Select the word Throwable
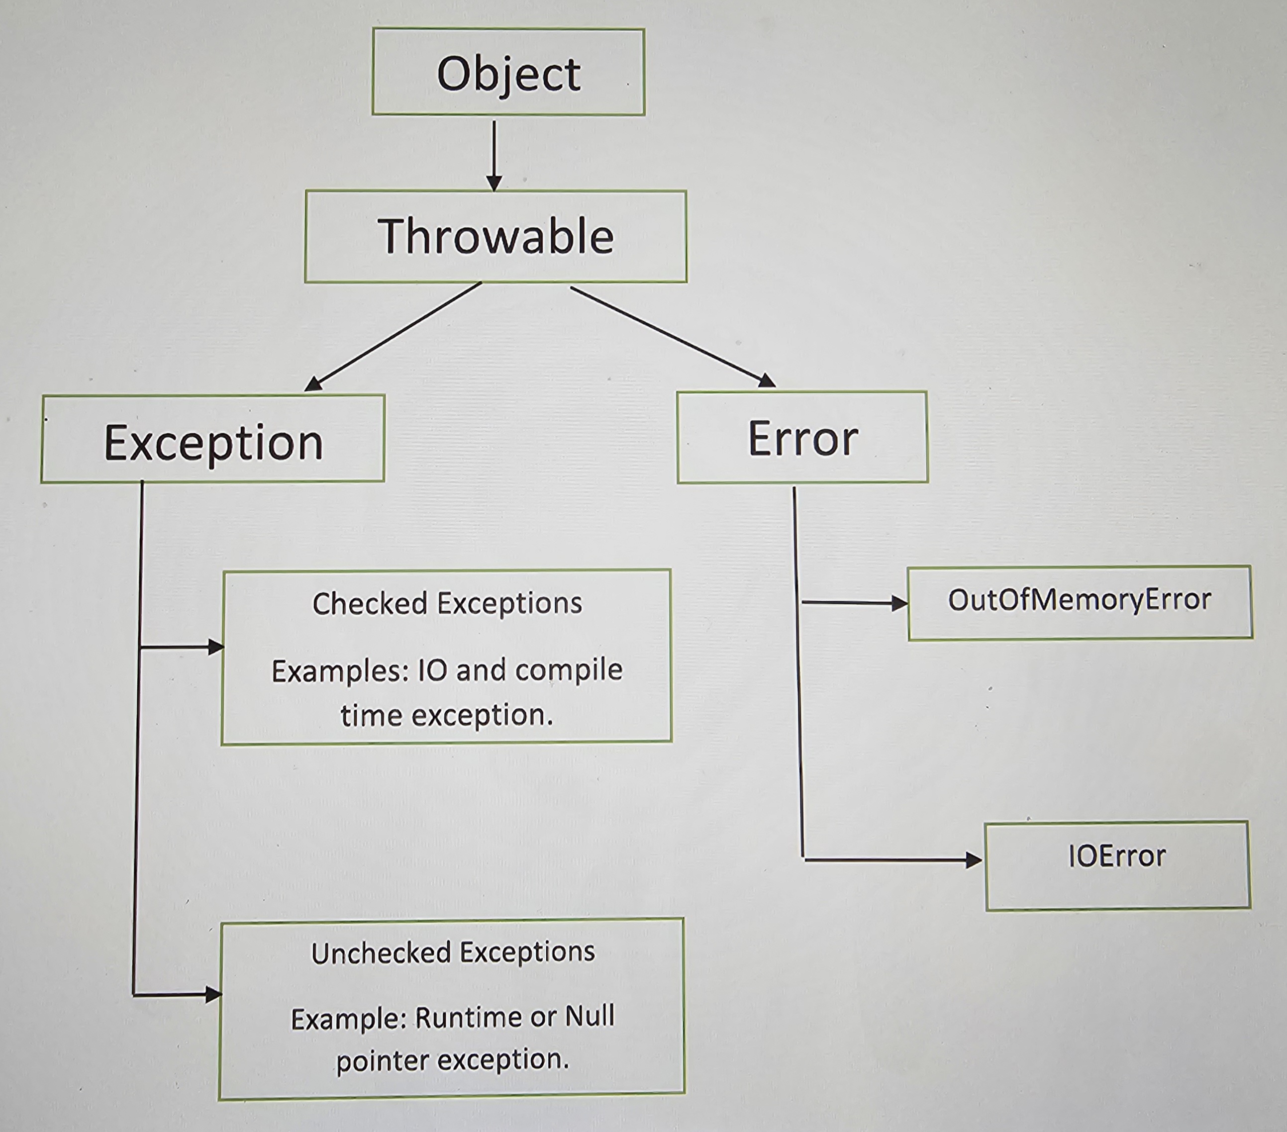coord(495,236)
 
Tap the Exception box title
coord(213,443)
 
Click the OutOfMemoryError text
coord(1079,600)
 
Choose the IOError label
coord(1116,856)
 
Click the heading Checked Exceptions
coord(447,603)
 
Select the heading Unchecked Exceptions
coord(453,952)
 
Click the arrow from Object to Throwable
coord(495,154)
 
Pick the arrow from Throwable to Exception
coord(394,336)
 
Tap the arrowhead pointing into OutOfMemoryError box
coord(900,604)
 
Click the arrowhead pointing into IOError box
coord(974,860)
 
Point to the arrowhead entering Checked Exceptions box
coord(216,647)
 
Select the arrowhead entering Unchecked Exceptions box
coord(213,995)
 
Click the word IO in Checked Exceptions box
coord(432,671)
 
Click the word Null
coord(590,1016)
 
